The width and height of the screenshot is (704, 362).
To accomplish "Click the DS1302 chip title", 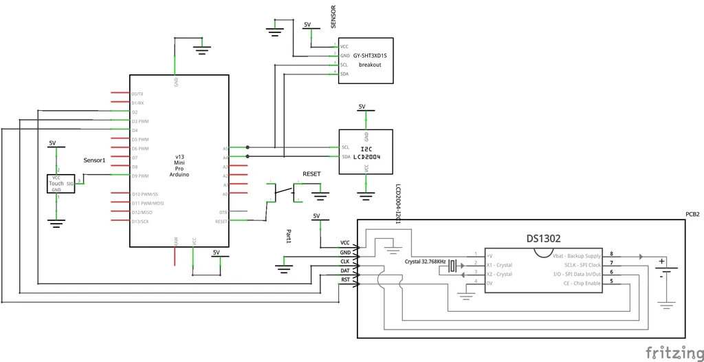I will click(543, 239).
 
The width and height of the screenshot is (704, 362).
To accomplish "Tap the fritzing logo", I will click(674, 352).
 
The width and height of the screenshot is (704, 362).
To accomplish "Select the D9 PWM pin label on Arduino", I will click(140, 176).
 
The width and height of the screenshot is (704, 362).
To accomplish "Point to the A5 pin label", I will click(225, 148).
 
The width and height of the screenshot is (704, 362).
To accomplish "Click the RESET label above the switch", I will click(311, 175).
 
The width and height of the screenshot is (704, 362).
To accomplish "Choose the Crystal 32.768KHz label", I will click(426, 262).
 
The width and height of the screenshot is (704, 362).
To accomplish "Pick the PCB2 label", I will click(692, 215).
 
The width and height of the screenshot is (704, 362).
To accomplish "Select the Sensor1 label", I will click(94, 160).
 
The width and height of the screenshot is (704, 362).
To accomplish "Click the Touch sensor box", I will click(61, 184).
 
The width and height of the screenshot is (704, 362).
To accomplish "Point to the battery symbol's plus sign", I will click(661, 261).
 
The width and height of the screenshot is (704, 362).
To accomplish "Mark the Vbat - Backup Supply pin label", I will click(576, 255).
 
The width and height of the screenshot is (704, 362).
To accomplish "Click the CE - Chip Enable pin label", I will click(582, 283).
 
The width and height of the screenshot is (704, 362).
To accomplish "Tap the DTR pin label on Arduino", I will click(223, 213).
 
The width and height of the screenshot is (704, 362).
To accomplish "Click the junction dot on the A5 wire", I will click(247, 147).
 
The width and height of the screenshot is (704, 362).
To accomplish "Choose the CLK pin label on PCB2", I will click(345, 262).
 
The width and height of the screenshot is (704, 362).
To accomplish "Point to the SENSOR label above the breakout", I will click(333, 17).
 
